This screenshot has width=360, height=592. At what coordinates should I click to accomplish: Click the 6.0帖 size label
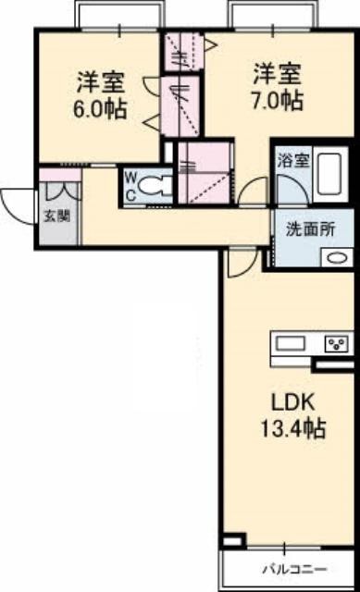pos(100,109)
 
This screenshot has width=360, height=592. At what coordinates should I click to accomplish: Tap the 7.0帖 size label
pos(278,100)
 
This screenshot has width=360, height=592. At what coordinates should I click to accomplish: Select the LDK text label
pos(293,403)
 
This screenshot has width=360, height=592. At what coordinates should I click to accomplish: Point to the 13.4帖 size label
pos(293,428)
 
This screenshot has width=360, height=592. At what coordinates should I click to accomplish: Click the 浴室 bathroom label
pos(293,161)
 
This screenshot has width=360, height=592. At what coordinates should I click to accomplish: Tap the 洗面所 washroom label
pos(310,229)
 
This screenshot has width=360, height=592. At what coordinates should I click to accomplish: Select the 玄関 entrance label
pos(57,216)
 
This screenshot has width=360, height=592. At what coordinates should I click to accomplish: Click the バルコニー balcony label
pos(294,569)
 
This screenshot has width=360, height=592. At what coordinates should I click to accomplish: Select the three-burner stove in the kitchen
pos(337,343)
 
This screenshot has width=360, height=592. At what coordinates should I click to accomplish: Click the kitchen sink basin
pos(290,343)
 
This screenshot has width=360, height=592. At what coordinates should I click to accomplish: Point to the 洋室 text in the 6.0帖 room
pos(101,82)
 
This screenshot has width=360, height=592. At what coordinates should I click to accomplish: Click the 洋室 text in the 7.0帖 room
pos(278,74)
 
